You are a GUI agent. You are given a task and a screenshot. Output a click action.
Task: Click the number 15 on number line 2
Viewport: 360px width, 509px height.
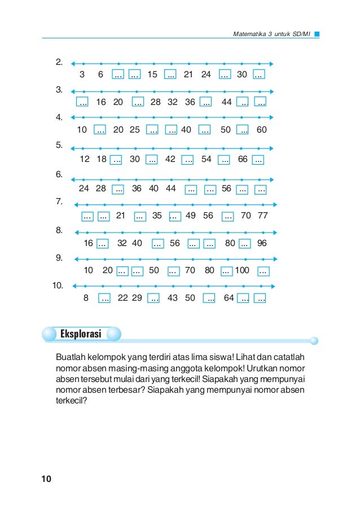152,74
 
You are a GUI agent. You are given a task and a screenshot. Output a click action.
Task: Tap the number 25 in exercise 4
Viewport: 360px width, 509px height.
135,130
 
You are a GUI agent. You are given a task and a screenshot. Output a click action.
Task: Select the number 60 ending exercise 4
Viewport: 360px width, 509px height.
261,130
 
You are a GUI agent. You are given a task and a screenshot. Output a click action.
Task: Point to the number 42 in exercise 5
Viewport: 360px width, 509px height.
170,159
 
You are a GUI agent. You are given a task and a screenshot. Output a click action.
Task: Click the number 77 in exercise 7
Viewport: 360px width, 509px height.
262,215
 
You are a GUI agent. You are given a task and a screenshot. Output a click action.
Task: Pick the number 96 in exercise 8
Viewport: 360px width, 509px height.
261,243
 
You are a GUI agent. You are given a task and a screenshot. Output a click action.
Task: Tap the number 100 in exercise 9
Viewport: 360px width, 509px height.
242,271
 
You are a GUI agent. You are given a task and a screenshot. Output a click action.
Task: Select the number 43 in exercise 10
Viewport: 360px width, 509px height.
173,298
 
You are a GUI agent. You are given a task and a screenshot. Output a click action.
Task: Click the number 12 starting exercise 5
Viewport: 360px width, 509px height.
85,159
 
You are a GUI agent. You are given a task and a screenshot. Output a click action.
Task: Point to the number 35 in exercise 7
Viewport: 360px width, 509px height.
157,215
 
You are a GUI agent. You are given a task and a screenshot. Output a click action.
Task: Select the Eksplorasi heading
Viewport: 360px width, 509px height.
81,335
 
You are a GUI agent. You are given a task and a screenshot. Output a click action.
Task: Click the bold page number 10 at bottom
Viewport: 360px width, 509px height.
46,479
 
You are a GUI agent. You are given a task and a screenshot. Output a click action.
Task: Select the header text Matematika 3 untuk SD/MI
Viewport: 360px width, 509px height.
271,34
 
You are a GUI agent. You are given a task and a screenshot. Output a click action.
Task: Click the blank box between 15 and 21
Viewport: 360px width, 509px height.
170,74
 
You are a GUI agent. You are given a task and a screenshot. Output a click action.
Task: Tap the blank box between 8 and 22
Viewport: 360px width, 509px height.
104,299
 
